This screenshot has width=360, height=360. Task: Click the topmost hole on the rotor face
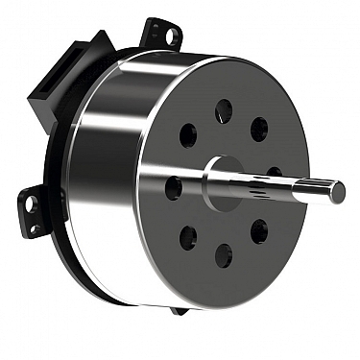(224, 110)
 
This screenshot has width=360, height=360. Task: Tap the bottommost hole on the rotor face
(224, 254)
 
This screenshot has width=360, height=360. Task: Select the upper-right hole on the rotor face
(259, 129)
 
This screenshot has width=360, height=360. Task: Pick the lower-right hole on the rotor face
(259, 231)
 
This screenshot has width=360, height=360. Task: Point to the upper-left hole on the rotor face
(188, 135)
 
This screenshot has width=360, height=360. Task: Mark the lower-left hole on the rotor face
(188, 236)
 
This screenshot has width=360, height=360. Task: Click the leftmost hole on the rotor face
(174, 186)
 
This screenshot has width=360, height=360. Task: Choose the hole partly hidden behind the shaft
(274, 174)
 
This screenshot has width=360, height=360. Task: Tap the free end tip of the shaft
(339, 192)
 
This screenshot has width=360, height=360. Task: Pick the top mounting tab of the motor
(160, 33)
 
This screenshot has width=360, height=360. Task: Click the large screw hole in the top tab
(171, 36)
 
